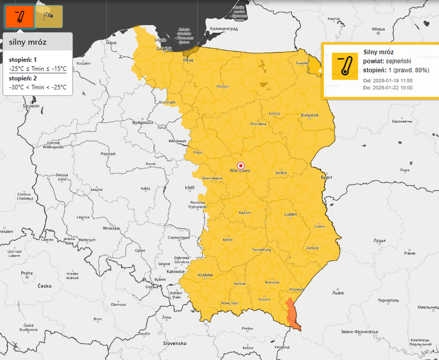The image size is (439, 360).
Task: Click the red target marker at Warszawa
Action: pos(241,165)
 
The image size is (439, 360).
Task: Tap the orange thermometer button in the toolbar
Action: pos(19,16)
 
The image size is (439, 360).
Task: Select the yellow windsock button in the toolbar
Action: pos(49,16)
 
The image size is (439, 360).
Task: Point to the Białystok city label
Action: pos(310,115)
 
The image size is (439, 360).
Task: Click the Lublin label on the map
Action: pos(291,214)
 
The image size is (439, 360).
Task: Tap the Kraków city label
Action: pos(205,275)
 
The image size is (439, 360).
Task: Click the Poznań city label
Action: pos(108,153)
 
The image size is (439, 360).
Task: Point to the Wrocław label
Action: pos(111,228)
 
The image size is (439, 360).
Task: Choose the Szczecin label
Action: pos(31,106)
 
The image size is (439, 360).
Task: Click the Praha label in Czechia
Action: pos(27,273)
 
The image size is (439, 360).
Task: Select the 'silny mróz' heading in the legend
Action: pos(28,42)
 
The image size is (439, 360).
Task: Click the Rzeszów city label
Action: pos(272,282)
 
